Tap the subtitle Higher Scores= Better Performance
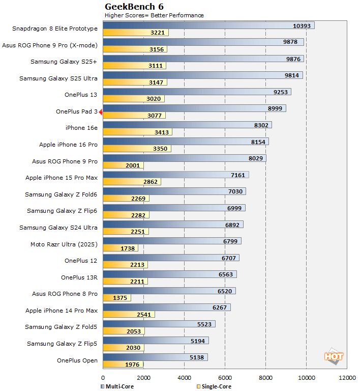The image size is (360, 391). (154, 15)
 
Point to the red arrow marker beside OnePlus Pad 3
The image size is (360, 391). (101, 111)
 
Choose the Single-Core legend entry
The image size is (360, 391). (214, 387)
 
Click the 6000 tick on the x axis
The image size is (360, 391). (225, 378)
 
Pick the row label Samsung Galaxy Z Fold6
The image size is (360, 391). (61, 194)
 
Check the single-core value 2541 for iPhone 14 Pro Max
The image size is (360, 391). (144, 315)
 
